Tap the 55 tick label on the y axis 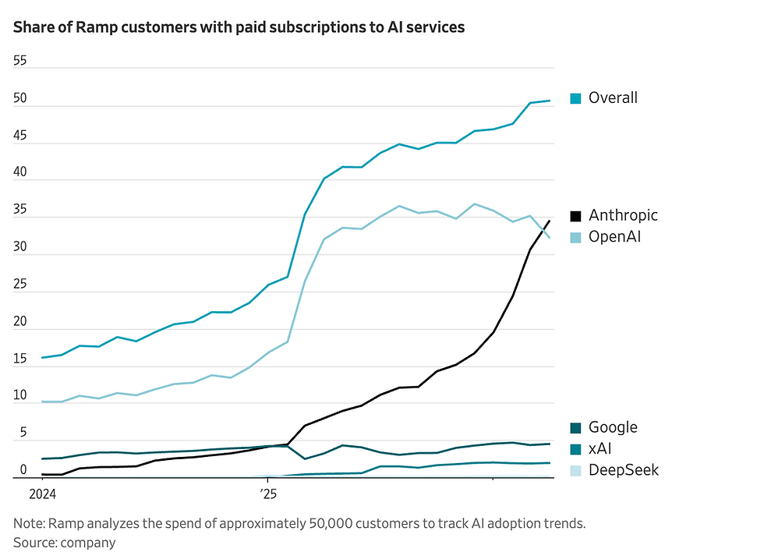click(20, 61)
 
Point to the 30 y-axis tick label click(20, 246)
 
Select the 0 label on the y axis click(23, 469)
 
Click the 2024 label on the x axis click(42, 494)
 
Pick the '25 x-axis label click(267, 494)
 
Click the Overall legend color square click(575, 98)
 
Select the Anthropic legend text click(623, 215)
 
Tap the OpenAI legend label click(614, 236)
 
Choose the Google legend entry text click(613, 427)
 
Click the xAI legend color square click(575, 449)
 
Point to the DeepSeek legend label click(624, 470)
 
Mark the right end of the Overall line click(550, 101)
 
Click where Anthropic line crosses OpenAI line click(543, 231)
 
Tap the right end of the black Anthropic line click(550, 221)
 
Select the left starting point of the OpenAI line click(42, 402)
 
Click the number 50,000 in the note click(328, 524)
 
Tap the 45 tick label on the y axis click(20, 136)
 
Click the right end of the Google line click(550, 444)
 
